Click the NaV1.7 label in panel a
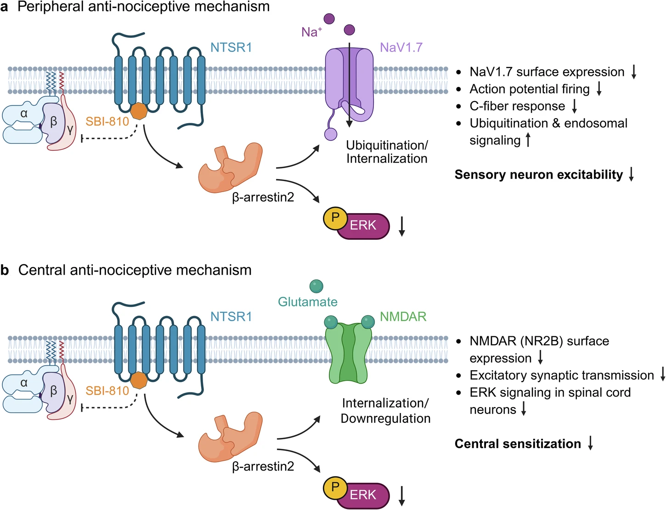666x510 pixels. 401,47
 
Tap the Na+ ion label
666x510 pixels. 311,32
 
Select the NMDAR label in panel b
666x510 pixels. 403,317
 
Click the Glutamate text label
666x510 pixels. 308,302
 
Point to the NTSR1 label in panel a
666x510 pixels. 231,47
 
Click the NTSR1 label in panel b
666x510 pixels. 231,317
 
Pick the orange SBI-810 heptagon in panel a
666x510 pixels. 139,111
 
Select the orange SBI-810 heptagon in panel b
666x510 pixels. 139,380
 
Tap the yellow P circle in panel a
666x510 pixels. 335,218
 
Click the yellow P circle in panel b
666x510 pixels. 335,487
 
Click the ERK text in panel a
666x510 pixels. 363,226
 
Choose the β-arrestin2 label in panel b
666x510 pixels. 263,467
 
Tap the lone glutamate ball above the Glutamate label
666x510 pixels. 316,286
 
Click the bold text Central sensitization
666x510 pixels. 518,444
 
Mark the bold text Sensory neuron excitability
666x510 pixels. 538,175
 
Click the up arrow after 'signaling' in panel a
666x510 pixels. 528,140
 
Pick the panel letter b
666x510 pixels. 5,270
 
